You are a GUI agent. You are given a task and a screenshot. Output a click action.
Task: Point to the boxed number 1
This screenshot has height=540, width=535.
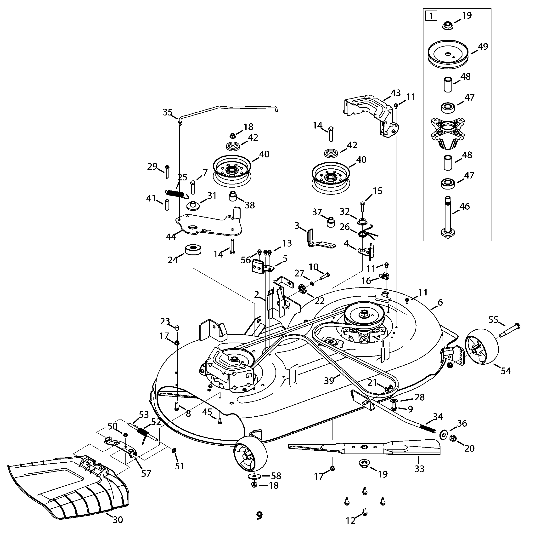[431, 16]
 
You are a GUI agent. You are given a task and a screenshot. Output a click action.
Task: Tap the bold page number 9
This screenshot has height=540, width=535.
[259, 515]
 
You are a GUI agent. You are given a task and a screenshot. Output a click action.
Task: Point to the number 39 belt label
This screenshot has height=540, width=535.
[329, 380]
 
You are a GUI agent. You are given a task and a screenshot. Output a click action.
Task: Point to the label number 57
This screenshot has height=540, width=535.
[146, 473]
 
